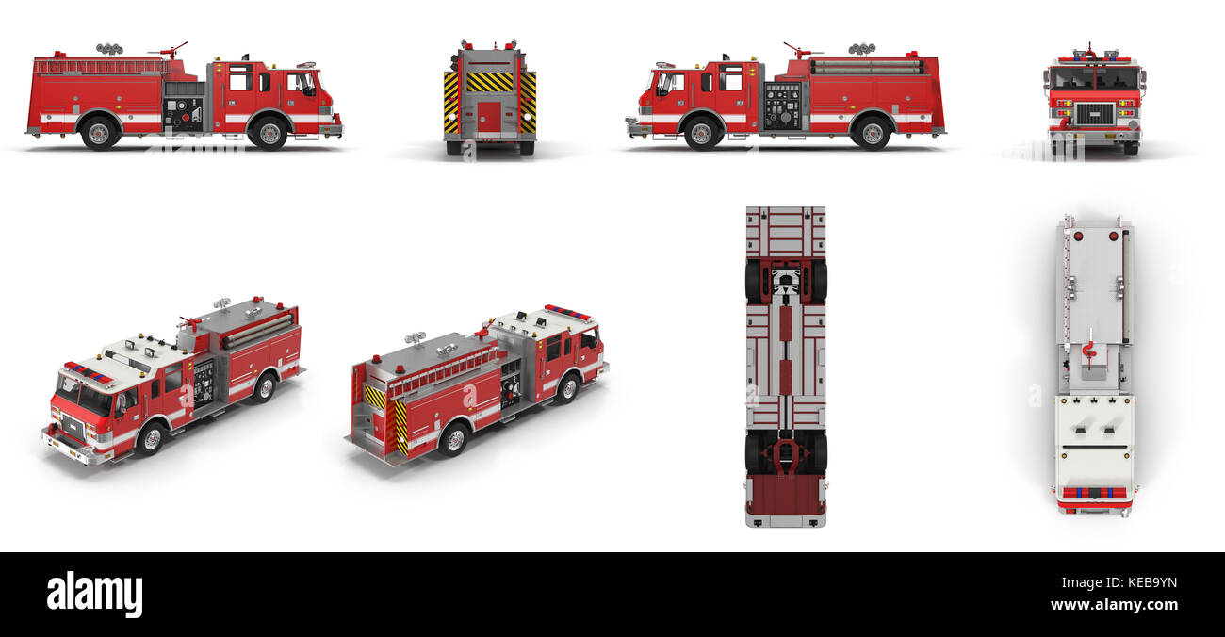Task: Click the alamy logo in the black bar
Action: [x=94, y=595]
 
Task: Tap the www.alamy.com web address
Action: [x=1114, y=605]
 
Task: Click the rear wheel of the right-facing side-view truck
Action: [x=100, y=133]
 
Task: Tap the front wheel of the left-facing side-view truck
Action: [x=700, y=133]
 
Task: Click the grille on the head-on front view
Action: [x=1093, y=114]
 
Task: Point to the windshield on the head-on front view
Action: [x=1094, y=78]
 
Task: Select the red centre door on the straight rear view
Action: [x=489, y=117]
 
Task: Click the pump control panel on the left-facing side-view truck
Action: [x=781, y=106]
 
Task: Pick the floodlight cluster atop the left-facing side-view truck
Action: [x=860, y=48]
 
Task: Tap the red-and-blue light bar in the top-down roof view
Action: [x=1093, y=492]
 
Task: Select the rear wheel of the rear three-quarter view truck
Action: [x=454, y=439]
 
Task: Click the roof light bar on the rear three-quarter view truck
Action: [x=567, y=313]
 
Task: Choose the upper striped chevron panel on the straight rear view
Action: [x=489, y=82]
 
